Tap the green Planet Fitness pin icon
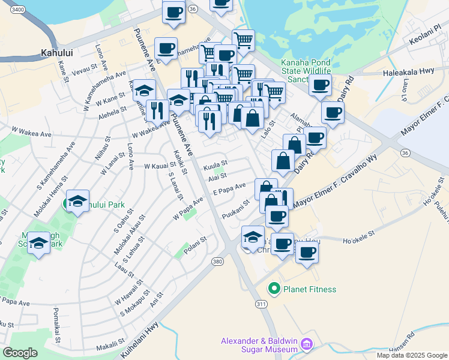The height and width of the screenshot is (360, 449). point(275,289)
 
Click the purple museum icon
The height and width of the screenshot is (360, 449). point(307,344)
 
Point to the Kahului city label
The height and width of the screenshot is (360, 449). point(57,53)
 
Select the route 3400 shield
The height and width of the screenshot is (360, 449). point(18,10)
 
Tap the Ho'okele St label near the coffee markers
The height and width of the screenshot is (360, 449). point(358,242)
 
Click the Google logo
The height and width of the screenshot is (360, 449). point(20,352)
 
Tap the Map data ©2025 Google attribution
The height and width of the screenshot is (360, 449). point(412,355)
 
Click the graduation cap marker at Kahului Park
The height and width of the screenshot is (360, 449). point(77,202)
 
